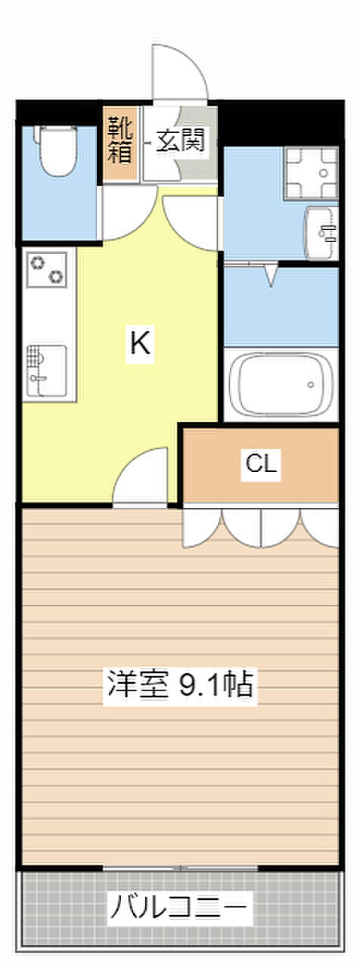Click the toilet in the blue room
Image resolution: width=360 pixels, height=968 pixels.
pyautogui.click(x=58, y=150)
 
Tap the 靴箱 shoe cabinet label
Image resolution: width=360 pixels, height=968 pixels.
pyautogui.click(x=119, y=140)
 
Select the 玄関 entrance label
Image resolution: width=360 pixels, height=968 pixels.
pyautogui.click(x=180, y=141)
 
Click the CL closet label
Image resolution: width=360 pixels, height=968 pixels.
pyautogui.click(x=261, y=464)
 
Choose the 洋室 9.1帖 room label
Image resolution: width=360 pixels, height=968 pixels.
pyautogui.click(x=180, y=684)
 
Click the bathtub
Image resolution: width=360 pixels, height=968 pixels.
pyautogui.click(x=281, y=383)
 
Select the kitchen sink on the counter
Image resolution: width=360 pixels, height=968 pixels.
pyautogui.click(x=47, y=371)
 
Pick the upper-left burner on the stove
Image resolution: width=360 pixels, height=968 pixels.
pyautogui.click(x=38, y=262)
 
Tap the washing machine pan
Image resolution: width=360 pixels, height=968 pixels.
pyautogui.click(x=311, y=173)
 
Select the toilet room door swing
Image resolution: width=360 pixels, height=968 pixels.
pyautogui.click(x=129, y=213)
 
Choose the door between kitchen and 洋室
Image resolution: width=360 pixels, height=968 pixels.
pyautogui.click(x=140, y=476)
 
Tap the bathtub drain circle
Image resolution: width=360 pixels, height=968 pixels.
pyautogui.click(x=310, y=384)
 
